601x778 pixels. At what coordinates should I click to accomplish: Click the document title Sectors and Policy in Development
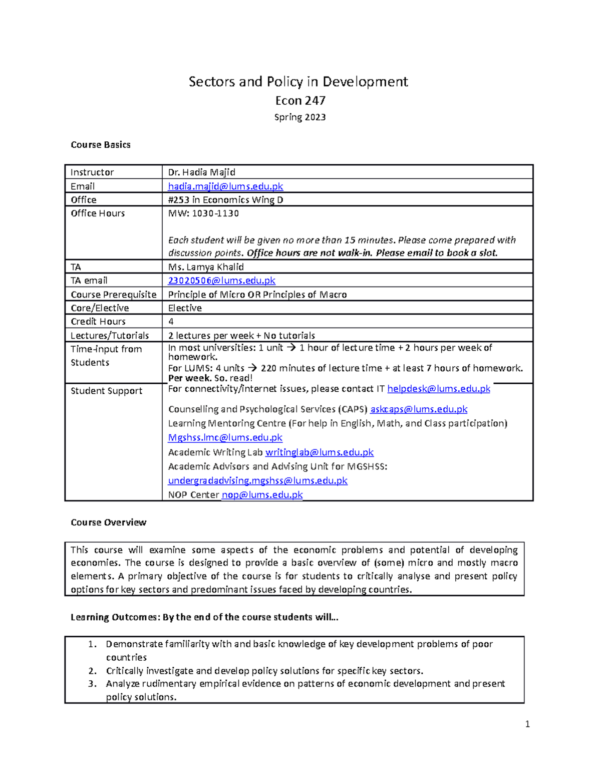[x=298, y=82]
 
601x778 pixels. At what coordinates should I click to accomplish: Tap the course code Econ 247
[x=300, y=101]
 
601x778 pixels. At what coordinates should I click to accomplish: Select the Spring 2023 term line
[x=300, y=117]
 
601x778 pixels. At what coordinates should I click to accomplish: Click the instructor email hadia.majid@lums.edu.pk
[x=225, y=186]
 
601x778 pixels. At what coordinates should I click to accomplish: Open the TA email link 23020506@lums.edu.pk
[x=221, y=281]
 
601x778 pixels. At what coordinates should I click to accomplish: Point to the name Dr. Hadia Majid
[x=201, y=172]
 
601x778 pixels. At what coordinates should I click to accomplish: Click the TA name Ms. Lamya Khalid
[x=206, y=267]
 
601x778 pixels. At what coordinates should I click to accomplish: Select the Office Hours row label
[x=98, y=213]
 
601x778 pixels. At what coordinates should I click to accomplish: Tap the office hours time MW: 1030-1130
[x=203, y=213]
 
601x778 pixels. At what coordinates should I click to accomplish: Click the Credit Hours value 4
[x=171, y=322]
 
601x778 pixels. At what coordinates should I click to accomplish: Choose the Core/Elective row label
[x=100, y=308]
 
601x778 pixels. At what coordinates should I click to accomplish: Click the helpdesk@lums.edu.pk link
[x=439, y=389]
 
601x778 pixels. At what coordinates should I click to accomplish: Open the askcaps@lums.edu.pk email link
[x=419, y=409]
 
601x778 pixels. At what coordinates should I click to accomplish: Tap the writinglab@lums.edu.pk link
[x=319, y=452]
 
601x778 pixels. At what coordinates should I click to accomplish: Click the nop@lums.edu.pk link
[x=262, y=495]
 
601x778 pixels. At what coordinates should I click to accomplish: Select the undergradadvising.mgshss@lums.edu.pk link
[x=257, y=480]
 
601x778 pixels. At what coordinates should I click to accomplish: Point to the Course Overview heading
[x=108, y=523]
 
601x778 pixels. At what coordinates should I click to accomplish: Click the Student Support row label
[x=106, y=391]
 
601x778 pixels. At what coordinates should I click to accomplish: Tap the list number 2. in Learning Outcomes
[x=92, y=671]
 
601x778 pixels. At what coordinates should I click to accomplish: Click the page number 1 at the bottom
[x=527, y=724]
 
